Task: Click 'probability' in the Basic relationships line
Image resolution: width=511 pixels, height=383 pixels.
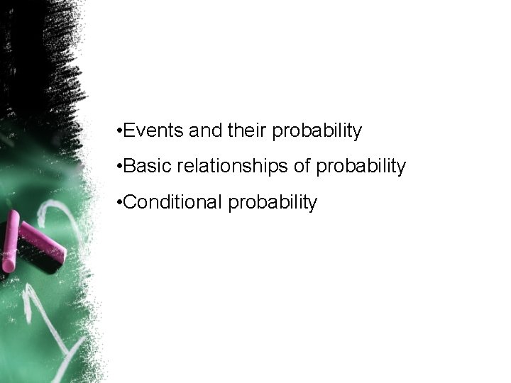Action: point(362,167)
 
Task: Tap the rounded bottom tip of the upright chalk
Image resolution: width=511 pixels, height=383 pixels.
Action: point(8,268)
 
